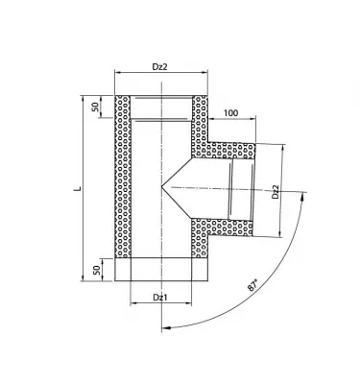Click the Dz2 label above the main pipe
tap(159, 67)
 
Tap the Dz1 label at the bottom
tap(159, 300)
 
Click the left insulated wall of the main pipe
tap(123, 178)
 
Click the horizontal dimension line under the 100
tap(230, 122)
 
